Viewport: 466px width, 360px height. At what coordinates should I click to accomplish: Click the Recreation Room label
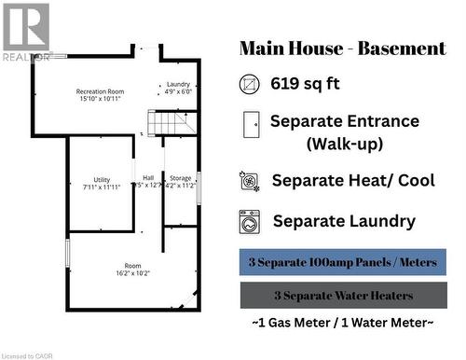click(x=101, y=90)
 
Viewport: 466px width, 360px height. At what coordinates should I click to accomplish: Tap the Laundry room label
click(x=178, y=84)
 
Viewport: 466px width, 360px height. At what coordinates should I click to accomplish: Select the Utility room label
click(x=102, y=179)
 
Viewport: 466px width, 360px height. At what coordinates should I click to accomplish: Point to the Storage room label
click(x=180, y=178)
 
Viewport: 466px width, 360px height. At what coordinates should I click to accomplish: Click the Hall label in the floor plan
click(x=148, y=178)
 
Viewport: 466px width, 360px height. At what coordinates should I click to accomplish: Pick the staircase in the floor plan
click(x=173, y=123)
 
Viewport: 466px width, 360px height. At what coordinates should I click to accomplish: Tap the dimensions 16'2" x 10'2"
click(x=133, y=273)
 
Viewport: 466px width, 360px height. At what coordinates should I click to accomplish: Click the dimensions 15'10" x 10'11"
click(x=101, y=99)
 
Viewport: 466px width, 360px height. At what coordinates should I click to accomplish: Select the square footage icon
click(x=250, y=84)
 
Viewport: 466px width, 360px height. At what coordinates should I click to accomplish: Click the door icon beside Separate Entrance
click(x=250, y=123)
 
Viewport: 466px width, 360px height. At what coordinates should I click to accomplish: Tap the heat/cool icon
click(x=250, y=180)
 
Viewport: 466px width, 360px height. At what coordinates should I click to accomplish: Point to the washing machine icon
click(x=250, y=221)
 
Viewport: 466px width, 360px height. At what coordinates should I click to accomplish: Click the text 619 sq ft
click(x=305, y=84)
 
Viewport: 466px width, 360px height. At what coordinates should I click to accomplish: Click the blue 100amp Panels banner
click(x=343, y=262)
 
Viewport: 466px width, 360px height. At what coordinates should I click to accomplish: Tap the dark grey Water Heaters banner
click(x=343, y=296)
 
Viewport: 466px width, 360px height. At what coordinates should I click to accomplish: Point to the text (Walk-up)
click(x=345, y=145)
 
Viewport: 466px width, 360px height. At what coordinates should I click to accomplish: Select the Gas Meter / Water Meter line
click(x=343, y=323)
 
